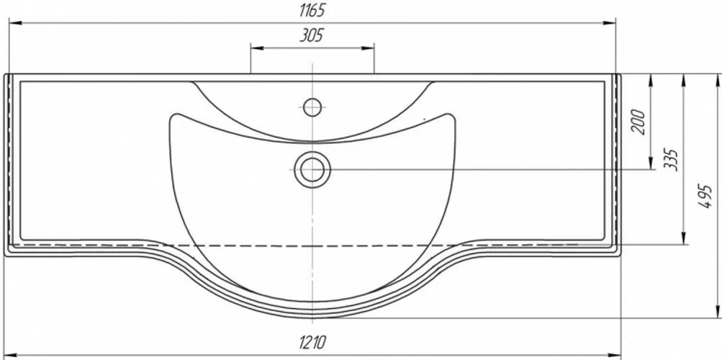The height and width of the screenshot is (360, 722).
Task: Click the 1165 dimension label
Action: click(x=312, y=10)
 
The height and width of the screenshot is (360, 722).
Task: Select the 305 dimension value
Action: click(x=312, y=35)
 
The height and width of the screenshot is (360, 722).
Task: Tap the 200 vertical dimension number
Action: click(x=638, y=122)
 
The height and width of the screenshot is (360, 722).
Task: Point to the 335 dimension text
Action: click(x=672, y=159)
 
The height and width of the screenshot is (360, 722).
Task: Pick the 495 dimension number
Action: click(x=706, y=196)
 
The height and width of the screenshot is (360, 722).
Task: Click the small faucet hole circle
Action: click(x=312, y=107)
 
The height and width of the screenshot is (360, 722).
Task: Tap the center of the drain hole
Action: click(x=312, y=169)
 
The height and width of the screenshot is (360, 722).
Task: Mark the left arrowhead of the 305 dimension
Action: click(x=256, y=48)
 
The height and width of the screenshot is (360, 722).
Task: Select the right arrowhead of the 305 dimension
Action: click(x=368, y=48)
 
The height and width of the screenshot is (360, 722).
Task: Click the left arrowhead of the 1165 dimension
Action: click(x=15, y=22)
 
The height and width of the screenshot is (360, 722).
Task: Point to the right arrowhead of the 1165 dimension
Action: click(x=610, y=22)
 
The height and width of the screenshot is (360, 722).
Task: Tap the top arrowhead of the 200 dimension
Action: click(x=650, y=80)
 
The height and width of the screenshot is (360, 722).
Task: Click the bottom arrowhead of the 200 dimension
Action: click(x=650, y=163)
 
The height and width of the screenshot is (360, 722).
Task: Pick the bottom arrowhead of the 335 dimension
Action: click(x=684, y=238)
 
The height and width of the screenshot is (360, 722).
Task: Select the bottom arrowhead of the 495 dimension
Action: click(x=718, y=312)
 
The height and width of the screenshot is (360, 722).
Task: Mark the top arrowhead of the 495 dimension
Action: click(x=718, y=80)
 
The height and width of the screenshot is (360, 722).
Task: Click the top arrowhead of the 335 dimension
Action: click(x=684, y=80)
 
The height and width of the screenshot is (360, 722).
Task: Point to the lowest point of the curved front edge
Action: click(x=312, y=318)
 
